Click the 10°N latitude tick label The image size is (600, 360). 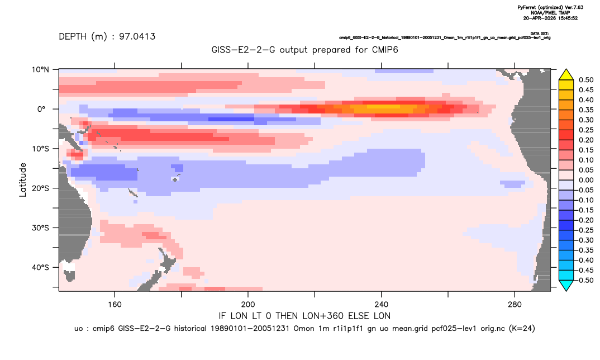tap(40, 70)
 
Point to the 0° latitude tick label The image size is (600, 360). tap(41, 109)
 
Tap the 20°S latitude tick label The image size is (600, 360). tap(40, 188)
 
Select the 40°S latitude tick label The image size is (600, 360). tap(40, 267)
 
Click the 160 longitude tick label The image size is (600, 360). tap(115, 305)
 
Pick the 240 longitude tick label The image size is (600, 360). tap(381, 305)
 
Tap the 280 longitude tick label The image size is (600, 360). tap(515, 305)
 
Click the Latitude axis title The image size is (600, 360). tap(23, 180)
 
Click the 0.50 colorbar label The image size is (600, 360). tap(586, 80)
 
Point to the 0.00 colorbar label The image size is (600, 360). tap(586, 180)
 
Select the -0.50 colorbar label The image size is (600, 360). tap(585, 280)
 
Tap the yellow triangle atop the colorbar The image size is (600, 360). tap(566, 75)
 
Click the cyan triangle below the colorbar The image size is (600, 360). tap(566, 285)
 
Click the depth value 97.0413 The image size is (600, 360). tap(137, 37)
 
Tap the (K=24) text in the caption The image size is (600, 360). tap(522, 329)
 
